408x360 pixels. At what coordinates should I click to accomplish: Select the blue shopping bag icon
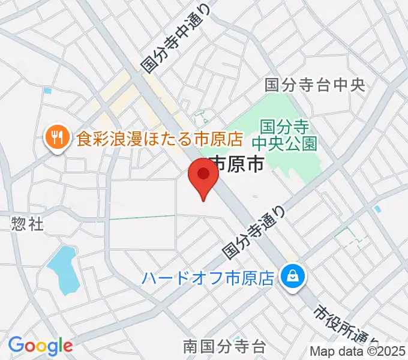pos(293,277)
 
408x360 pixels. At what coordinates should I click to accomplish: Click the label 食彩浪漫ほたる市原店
pos(159,140)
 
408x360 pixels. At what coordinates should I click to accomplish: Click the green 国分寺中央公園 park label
pos(284,135)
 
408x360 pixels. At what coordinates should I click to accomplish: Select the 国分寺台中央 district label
pos(315,85)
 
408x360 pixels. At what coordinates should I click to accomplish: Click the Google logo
pos(40,346)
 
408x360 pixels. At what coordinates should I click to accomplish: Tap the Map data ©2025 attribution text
pos(358,352)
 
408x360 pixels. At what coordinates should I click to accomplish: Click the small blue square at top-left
pos(47,91)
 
